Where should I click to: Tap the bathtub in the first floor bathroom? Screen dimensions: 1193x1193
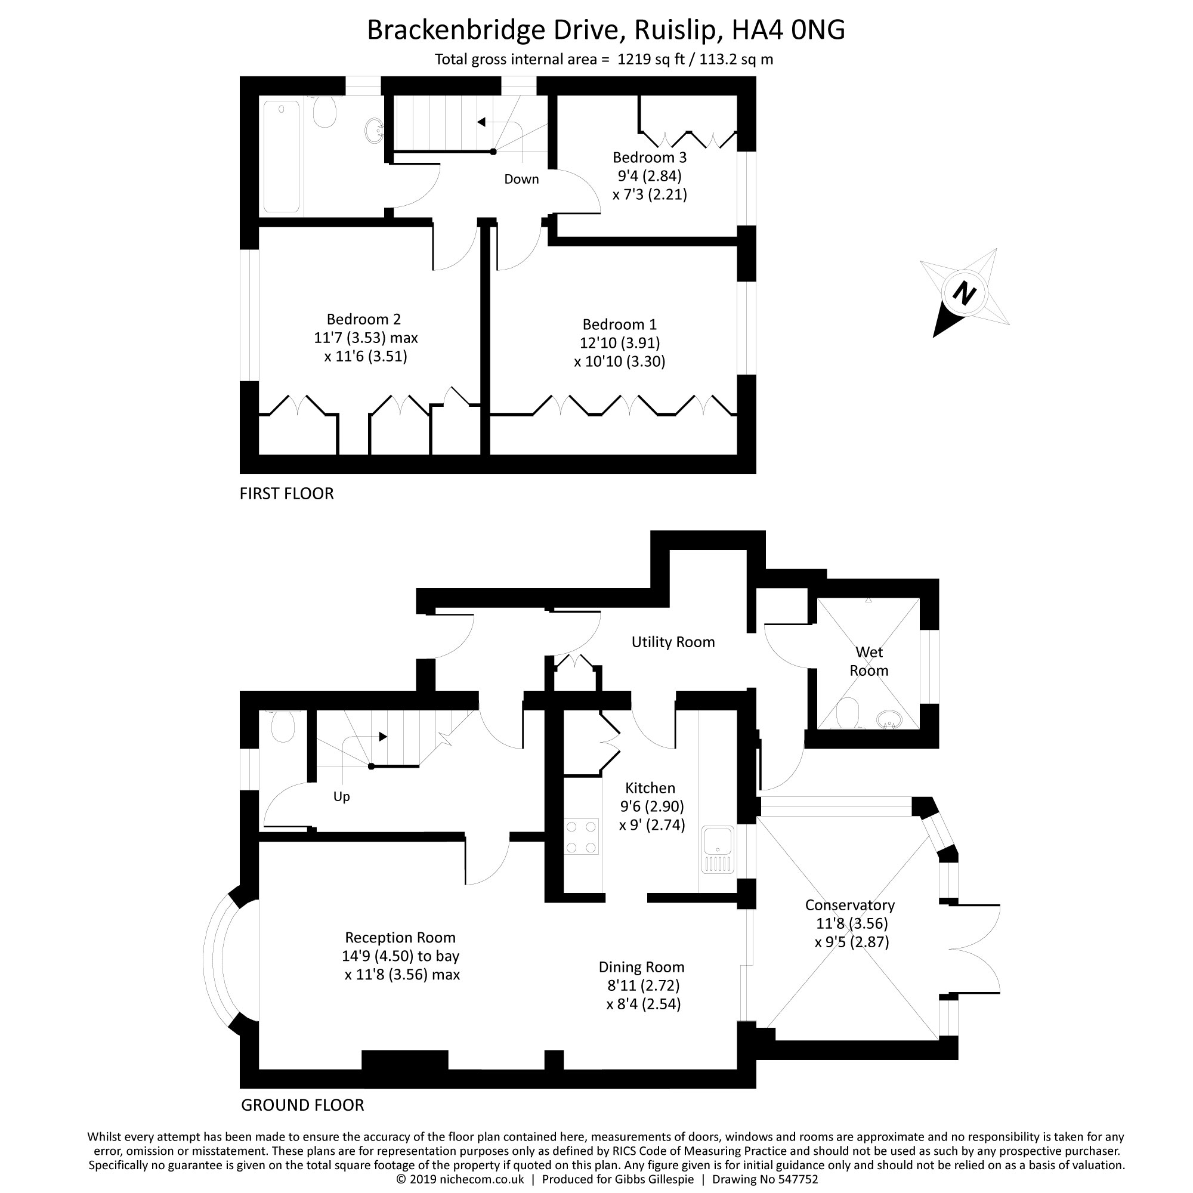(282, 157)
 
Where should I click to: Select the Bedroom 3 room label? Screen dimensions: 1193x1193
(650, 157)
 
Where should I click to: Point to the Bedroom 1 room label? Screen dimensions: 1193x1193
(620, 324)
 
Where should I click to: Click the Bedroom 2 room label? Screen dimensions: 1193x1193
(364, 319)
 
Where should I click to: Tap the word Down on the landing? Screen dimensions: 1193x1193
(522, 179)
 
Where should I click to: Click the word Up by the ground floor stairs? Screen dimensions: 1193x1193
(341, 797)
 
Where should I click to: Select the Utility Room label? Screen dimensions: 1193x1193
(673, 642)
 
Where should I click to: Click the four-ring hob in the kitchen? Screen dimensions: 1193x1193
(581, 837)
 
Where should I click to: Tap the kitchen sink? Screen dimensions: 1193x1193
(718, 849)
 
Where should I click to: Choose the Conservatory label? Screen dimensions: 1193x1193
(849, 905)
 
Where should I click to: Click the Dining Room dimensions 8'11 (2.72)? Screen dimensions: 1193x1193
(644, 985)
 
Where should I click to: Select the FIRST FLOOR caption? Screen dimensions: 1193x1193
(286, 493)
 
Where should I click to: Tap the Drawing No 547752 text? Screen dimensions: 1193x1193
(765, 1179)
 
